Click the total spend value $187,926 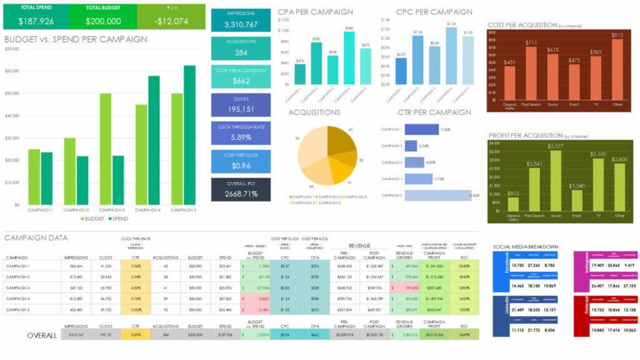point(36,21)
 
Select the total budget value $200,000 point(103,21)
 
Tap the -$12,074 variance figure point(171,21)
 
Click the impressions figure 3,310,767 point(241,25)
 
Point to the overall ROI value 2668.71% point(241,194)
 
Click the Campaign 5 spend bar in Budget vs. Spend point(189,134)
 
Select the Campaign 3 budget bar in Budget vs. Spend point(105,149)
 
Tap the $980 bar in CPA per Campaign point(349,57)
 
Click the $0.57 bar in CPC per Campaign point(401,71)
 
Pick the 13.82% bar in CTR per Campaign point(437,196)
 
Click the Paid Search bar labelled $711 point(531,74)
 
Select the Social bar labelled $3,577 point(553,181)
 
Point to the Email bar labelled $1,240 point(576,200)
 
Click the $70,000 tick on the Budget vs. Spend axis point(12,49)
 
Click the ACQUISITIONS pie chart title point(314,112)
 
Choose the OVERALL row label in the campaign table point(42,335)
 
